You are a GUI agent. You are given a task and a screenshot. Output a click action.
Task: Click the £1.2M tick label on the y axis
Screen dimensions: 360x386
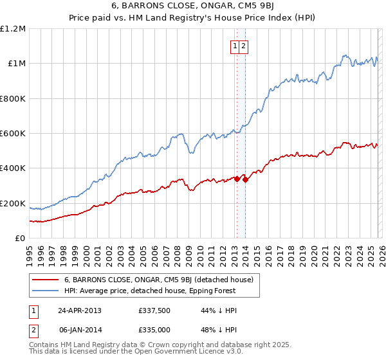point(13,29)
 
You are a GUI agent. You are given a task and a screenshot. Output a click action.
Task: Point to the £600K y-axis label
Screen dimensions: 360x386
point(13,134)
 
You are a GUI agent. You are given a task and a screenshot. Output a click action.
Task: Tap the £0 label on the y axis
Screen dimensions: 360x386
point(21,239)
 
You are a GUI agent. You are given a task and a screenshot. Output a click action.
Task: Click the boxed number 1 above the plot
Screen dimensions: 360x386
point(235,46)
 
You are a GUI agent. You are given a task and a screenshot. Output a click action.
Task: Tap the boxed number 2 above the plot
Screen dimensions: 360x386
point(245,46)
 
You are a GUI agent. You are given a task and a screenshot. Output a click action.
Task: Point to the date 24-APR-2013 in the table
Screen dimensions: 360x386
point(80,310)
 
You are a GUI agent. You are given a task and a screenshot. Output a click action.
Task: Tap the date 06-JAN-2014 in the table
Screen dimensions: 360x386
point(80,330)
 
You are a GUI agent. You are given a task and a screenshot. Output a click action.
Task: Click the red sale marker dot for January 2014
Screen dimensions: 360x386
point(245,179)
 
